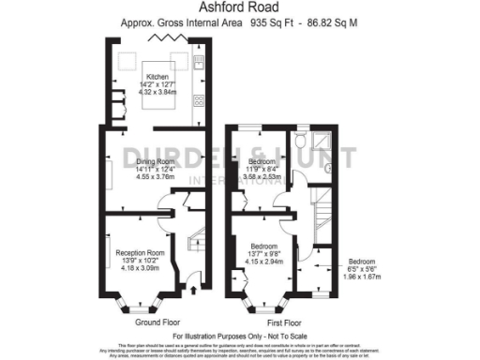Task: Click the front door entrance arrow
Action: (x=193, y=292)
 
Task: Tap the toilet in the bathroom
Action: (x=299, y=142)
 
